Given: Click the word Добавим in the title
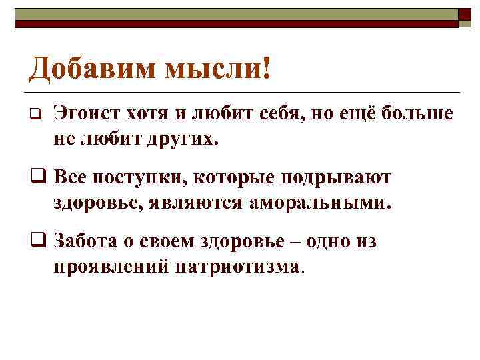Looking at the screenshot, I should pos(87,68).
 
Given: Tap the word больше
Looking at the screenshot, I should pos(423,114).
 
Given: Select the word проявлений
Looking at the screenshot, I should pos(111,267).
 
